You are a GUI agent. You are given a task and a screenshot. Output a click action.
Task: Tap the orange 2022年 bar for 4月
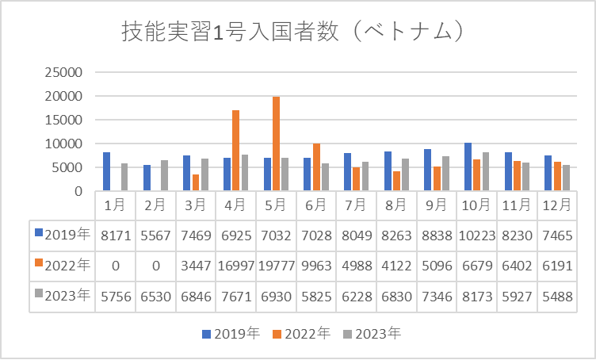coord(236,151)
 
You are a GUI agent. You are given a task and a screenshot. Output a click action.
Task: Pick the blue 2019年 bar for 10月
coord(468,167)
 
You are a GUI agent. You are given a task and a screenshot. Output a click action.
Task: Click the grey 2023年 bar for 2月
coord(164,175)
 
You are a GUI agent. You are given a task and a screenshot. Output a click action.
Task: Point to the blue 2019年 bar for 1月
coord(106,171)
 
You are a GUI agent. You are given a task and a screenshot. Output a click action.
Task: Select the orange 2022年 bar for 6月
coord(316,167)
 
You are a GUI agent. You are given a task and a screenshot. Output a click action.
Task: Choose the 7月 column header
coord(357,205)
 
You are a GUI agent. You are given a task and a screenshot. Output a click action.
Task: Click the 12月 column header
coord(557,205)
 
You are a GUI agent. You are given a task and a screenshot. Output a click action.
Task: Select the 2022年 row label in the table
coord(63,265)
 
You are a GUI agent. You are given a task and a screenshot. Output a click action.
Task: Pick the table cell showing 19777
coord(276,265)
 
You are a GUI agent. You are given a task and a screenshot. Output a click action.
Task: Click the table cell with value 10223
coord(476,235)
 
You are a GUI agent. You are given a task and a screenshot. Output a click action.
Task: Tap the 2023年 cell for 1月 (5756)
coord(116,296)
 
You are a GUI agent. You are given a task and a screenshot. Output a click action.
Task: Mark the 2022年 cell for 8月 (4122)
coord(396,265)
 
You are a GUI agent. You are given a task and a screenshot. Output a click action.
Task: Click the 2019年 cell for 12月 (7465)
coord(557,235)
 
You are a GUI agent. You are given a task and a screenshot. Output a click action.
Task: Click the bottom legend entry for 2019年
coord(230,334)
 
